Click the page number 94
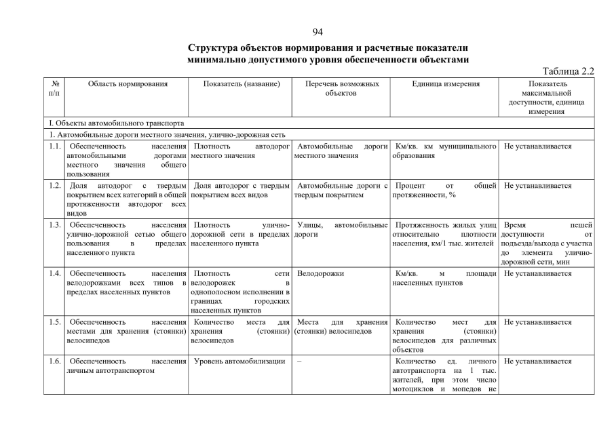click(318, 32)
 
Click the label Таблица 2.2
click(569, 71)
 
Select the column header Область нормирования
click(127, 83)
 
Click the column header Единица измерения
click(445, 83)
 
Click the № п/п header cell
click(54, 88)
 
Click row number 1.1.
click(55, 146)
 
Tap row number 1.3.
click(55, 224)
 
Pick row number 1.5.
click(55, 322)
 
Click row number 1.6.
click(55, 361)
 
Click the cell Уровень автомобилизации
click(239, 361)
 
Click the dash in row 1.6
click(299, 361)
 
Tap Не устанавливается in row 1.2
click(537, 186)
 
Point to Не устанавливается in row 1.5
click(537, 322)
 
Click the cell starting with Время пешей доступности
click(546, 243)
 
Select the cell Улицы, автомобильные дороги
click(341, 229)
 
